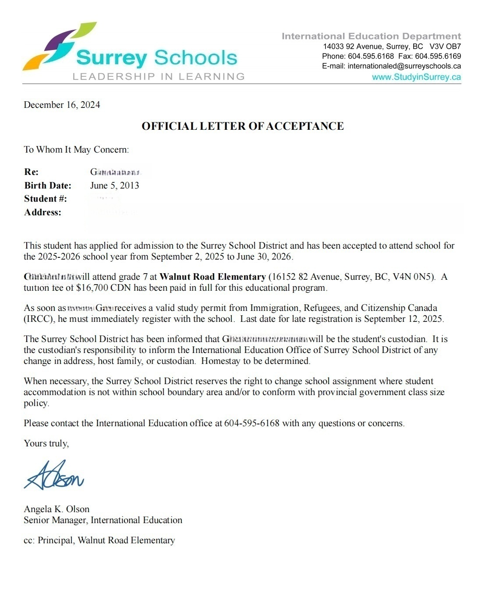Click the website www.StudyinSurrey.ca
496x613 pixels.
point(416,77)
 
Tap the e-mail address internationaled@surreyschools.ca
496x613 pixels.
point(404,66)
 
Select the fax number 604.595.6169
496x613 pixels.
point(438,56)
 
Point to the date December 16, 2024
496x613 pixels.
point(62,105)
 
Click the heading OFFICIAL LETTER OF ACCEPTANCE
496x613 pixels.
point(242,126)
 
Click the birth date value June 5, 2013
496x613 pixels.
point(114,185)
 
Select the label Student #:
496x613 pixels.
point(46,199)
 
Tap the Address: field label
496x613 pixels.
point(43,212)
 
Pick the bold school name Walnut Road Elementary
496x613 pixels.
point(213,277)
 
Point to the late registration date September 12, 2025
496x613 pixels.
point(404,319)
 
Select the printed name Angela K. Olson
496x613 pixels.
point(57,509)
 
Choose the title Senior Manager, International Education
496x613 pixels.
point(103,520)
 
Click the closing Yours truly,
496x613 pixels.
point(46,443)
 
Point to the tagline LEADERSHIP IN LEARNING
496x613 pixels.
point(158,77)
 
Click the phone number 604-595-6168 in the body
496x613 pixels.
point(252,423)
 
